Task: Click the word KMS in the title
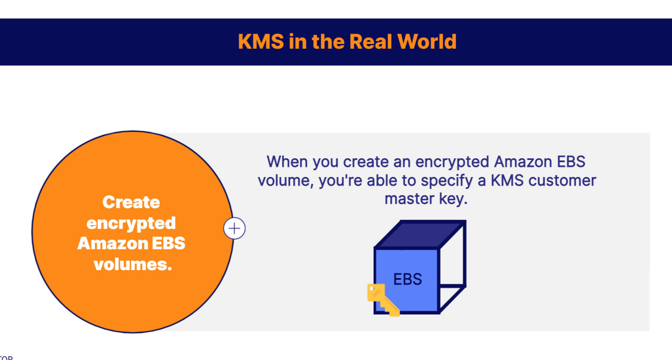coord(261,42)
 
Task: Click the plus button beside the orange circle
coord(234,229)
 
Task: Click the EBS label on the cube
coord(407,279)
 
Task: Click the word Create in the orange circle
coord(131,202)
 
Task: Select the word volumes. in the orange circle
coord(133,264)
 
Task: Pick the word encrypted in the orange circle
coord(131,223)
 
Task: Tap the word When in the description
coord(288,162)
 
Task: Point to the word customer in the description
coord(562,180)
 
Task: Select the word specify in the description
coord(448,180)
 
